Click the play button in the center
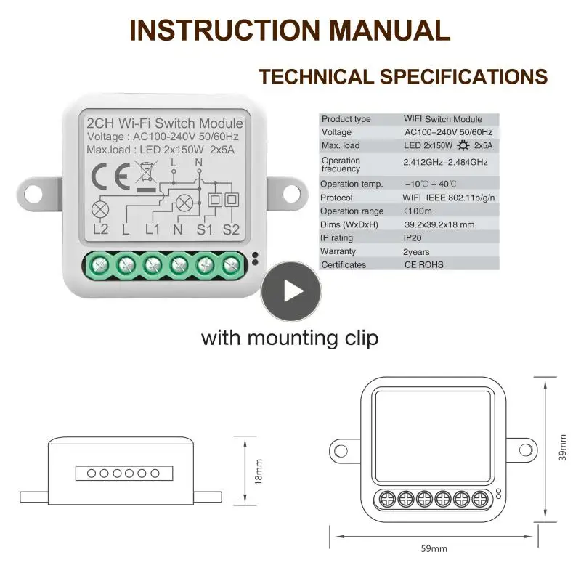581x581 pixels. pyautogui.click(x=292, y=292)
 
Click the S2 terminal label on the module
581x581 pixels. pyautogui.click(x=232, y=230)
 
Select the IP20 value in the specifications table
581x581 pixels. pyautogui.click(x=414, y=237)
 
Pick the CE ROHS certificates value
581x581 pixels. pyautogui.click(x=423, y=265)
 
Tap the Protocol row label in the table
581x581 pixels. pyautogui.click(x=336, y=198)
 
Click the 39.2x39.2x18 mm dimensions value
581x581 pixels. pyautogui.click(x=439, y=224)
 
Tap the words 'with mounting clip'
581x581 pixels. pyautogui.click(x=289, y=338)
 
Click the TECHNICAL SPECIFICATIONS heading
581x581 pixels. pyautogui.click(x=403, y=76)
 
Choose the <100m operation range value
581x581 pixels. pyautogui.click(x=418, y=211)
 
